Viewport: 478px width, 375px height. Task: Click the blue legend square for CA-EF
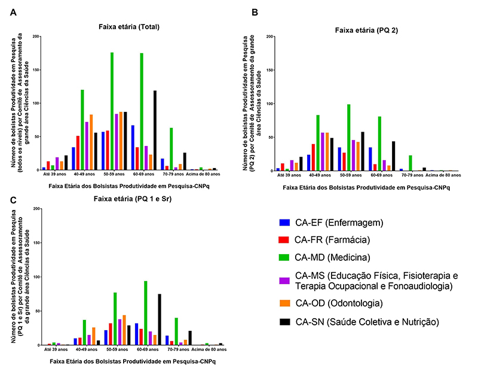click(284, 223)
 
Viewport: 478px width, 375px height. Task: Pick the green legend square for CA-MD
click(284, 258)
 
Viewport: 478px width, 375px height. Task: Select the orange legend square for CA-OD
click(284, 305)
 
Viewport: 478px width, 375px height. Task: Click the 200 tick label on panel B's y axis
click(269, 36)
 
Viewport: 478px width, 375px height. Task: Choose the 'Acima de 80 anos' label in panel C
click(208, 349)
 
